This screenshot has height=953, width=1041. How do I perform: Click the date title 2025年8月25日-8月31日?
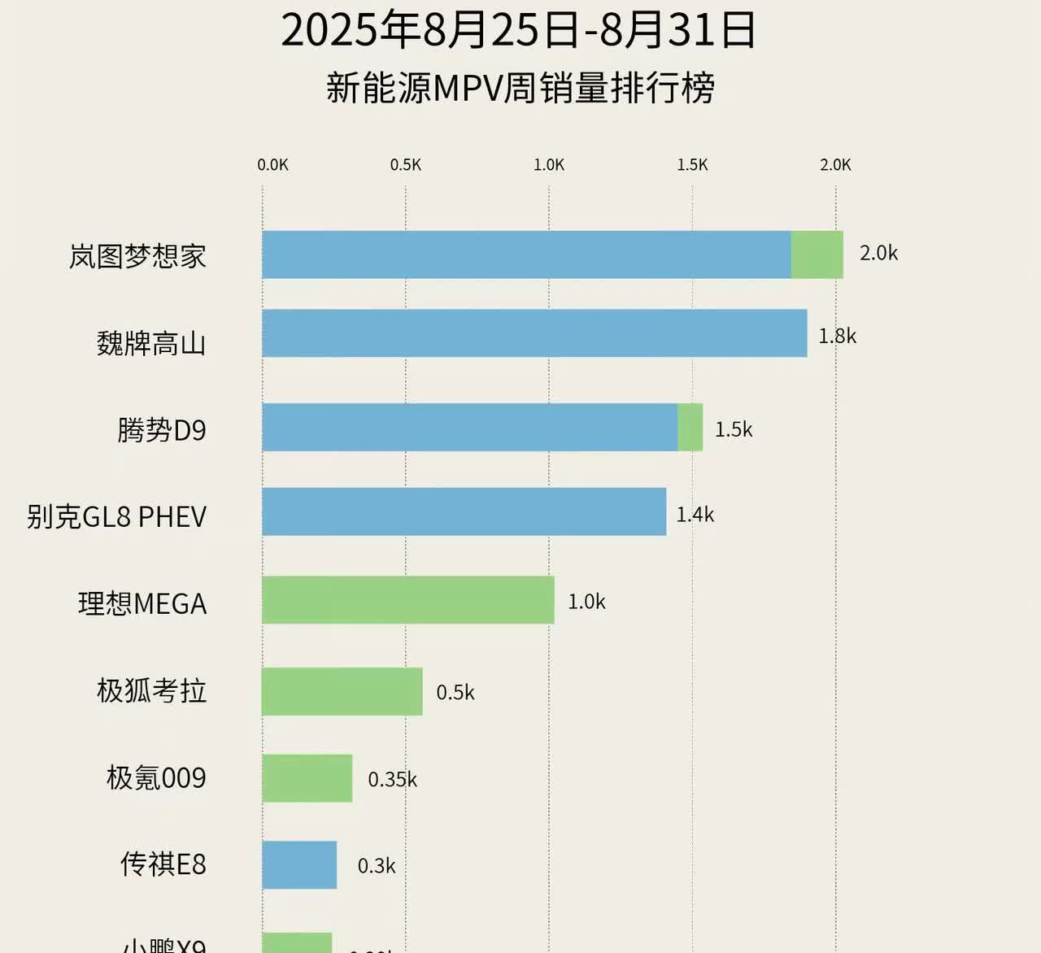tap(519, 30)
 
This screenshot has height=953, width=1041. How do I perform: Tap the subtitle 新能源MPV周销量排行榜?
tap(520, 88)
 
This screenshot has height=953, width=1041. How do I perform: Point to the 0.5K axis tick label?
tap(406, 165)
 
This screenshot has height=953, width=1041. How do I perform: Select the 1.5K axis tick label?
tap(692, 165)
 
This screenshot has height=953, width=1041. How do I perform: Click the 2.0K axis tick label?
tap(835, 165)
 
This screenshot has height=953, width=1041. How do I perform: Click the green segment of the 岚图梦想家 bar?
tap(817, 255)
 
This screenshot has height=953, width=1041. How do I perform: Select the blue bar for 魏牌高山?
tap(534, 333)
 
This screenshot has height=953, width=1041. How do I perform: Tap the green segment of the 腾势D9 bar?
tap(690, 428)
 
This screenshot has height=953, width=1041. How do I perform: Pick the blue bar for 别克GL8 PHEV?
tap(464, 511)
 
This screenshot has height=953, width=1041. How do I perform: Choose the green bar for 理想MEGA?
tap(407, 600)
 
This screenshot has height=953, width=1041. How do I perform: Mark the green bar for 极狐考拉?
tap(342, 692)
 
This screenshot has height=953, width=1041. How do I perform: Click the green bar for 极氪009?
tap(307, 778)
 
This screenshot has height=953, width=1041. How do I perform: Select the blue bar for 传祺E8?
tap(299, 865)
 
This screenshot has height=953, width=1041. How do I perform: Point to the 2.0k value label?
tap(878, 254)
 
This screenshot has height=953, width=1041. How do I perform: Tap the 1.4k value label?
tap(695, 515)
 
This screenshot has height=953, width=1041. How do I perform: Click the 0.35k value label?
tap(392, 780)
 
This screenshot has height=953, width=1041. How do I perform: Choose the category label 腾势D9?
tap(162, 429)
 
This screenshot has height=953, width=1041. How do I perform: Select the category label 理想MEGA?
tap(142, 604)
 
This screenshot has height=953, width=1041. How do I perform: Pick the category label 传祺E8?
tap(163, 864)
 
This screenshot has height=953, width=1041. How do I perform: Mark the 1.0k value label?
tap(586, 603)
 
